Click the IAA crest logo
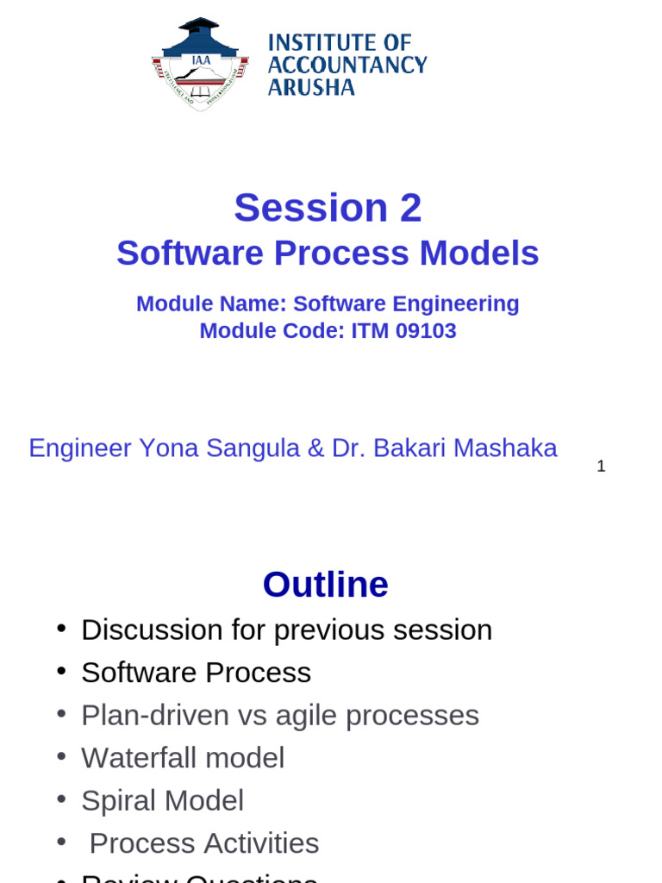pos(200,65)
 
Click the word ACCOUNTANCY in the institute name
pos(347,65)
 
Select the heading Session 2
pos(328,208)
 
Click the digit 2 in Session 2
pos(409,209)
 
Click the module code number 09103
pos(428,331)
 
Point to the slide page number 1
pos(601,467)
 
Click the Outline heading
pos(325,585)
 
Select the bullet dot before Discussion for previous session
pos(61,629)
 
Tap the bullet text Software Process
pos(196,673)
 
